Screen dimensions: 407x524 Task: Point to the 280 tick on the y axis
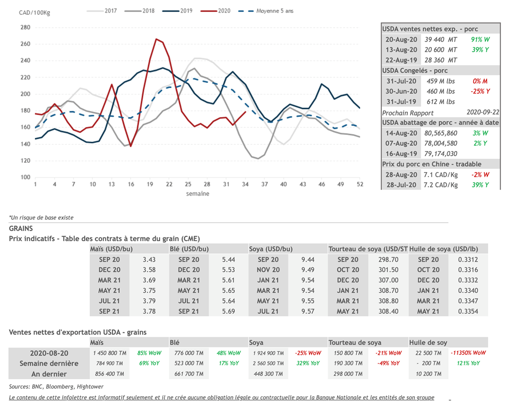point(25,27)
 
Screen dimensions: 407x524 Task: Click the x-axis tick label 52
point(359,184)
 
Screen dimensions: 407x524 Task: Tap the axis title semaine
point(198,194)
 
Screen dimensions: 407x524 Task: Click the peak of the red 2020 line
point(156,39)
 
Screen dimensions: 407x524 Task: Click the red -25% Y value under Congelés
point(481,91)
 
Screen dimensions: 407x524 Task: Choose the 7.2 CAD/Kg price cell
point(441,185)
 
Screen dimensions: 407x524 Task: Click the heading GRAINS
point(20,228)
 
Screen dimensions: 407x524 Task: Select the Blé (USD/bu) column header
point(189,249)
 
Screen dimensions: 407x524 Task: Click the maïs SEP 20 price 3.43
point(149,260)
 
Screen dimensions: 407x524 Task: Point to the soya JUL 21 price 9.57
point(308,311)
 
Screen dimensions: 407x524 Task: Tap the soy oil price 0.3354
point(468,311)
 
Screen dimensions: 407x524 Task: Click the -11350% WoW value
point(468,353)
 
